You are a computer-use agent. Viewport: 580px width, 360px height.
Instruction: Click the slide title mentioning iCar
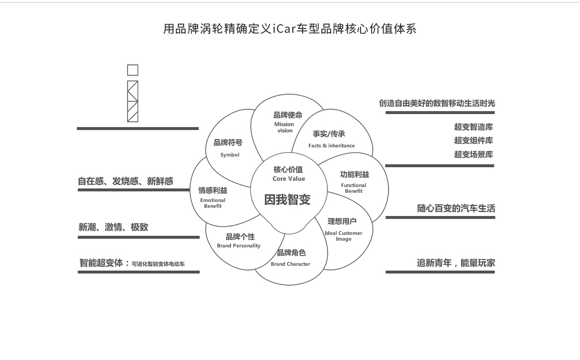click(x=290, y=29)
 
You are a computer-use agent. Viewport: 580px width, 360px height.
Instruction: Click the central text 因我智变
click(x=288, y=200)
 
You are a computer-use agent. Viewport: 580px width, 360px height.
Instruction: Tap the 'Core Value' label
click(x=289, y=179)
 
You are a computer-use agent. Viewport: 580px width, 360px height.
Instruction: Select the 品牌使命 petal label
click(x=288, y=115)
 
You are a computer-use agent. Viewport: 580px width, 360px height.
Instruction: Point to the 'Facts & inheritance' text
click(x=332, y=145)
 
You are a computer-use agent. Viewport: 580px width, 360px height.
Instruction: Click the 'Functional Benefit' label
click(x=354, y=188)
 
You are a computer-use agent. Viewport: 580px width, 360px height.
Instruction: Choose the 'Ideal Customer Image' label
click(x=344, y=236)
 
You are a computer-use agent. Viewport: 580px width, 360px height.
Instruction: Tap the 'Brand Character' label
click(x=290, y=264)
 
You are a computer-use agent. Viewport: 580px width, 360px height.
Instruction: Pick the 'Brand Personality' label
click(x=239, y=245)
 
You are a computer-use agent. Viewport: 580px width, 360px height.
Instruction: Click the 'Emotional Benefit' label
click(x=213, y=203)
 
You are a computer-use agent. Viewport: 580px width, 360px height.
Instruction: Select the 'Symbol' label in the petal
click(x=230, y=155)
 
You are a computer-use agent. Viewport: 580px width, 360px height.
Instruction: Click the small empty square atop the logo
click(x=132, y=71)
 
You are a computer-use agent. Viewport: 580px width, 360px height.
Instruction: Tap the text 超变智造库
click(x=474, y=127)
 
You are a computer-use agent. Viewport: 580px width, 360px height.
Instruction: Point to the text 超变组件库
click(x=474, y=141)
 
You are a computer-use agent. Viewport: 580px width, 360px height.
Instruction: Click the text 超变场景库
click(x=474, y=155)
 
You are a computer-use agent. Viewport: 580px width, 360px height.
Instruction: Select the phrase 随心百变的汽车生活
click(x=456, y=209)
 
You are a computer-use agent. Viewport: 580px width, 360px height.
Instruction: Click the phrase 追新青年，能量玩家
click(x=456, y=263)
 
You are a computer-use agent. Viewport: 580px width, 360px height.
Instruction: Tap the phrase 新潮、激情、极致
click(x=113, y=227)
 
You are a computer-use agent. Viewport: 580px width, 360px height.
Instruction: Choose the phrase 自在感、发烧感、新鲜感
click(x=126, y=181)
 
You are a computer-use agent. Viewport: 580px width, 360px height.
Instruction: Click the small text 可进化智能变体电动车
click(x=159, y=264)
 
